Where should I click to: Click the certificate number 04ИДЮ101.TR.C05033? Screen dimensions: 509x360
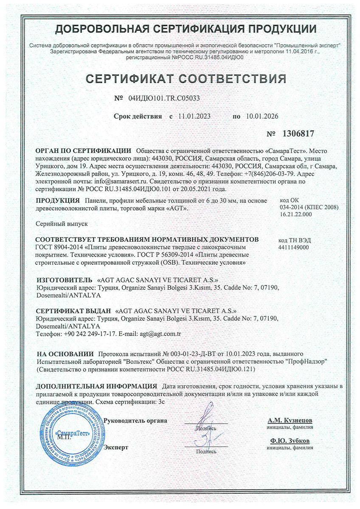pos(163,98)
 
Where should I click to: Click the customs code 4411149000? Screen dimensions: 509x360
pos(295,247)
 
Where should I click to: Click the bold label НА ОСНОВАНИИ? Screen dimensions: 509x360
pos(65,353)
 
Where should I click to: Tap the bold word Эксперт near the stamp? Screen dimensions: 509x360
pos(116,447)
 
